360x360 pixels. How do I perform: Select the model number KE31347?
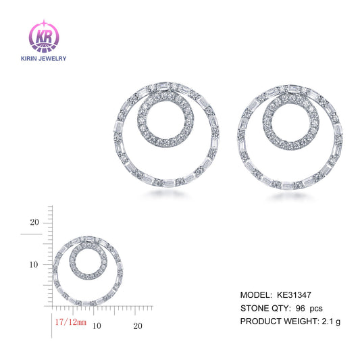coord(294,295)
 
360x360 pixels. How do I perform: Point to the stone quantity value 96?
coord(301,307)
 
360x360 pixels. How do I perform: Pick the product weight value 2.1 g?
coord(330,320)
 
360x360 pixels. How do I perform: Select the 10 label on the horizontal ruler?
coord(96,326)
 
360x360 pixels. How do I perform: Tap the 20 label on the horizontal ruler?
coord(138,326)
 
